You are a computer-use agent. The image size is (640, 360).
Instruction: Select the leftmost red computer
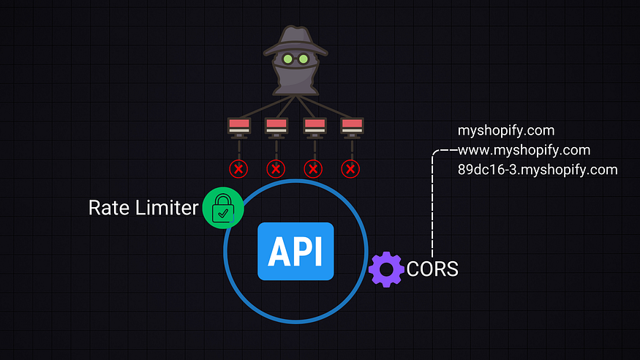(238, 127)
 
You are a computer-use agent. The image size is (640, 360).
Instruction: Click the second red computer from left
(276, 127)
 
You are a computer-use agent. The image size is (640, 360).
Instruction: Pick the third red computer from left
(314, 127)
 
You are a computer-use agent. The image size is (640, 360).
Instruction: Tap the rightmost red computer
(351, 127)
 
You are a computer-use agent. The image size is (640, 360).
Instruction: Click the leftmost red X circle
(238, 169)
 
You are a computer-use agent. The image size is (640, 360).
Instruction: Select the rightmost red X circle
(351, 169)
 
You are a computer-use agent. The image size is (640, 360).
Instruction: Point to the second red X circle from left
(276, 169)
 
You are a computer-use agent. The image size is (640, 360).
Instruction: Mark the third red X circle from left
(314, 169)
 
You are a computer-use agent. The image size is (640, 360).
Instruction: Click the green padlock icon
(223, 208)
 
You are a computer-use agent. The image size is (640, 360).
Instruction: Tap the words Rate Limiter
(143, 208)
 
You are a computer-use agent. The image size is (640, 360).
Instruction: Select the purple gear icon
(386, 269)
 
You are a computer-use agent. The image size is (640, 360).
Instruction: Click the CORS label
(432, 269)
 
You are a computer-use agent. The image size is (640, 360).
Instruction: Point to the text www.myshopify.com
(524, 151)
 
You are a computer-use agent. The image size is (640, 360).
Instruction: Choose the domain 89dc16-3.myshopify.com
(538, 170)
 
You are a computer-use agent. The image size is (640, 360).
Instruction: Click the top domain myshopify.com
(506, 131)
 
